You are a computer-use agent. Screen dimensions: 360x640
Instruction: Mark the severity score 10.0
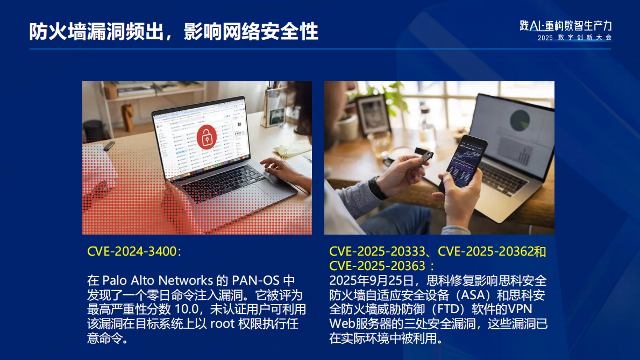pos(187,309)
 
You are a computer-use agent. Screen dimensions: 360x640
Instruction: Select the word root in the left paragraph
pos(222,324)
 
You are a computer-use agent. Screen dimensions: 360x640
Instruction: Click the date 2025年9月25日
pos(371,280)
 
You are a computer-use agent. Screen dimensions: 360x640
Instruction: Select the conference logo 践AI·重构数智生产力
pos(566,26)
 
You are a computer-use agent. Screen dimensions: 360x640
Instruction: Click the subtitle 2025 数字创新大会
pos(574,38)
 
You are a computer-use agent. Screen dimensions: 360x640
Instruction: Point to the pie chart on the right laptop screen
pos(520,119)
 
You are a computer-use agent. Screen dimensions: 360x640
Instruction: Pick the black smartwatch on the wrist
pos(377,187)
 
